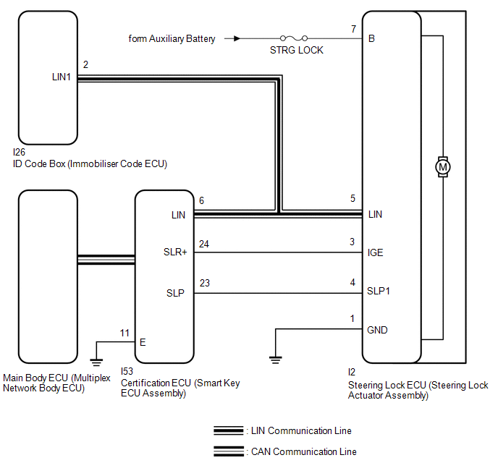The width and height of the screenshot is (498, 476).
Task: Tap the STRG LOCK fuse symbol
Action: (x=295, y=38)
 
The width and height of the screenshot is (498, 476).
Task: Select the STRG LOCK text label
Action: (x=296, y=51)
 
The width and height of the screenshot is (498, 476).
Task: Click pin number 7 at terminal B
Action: (x=353, y=29)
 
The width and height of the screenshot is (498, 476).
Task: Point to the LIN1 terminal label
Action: (x=62, y=75)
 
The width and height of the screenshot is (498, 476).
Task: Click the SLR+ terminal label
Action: (x=174, y=253)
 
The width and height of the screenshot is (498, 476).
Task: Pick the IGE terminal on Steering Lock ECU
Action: (x=376, y=253)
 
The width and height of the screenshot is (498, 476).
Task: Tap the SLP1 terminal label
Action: (x=379, y=292)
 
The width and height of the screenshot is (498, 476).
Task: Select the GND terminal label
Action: (x=378, y=330)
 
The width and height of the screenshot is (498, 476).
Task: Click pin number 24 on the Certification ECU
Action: (x=204, y=244)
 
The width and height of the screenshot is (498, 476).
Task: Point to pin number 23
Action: (x=204, y=283)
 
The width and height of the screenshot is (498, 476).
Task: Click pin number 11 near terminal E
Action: (x=124, y=333)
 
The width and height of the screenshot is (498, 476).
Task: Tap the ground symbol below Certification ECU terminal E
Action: (x=95, y=357)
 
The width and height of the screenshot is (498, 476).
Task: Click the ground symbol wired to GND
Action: (x=274, y=357)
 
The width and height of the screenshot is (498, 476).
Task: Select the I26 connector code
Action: (x=19, y=153)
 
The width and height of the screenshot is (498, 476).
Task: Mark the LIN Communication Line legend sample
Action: (x=229, y=431)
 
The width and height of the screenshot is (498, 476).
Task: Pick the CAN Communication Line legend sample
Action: (x=229, y=452)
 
